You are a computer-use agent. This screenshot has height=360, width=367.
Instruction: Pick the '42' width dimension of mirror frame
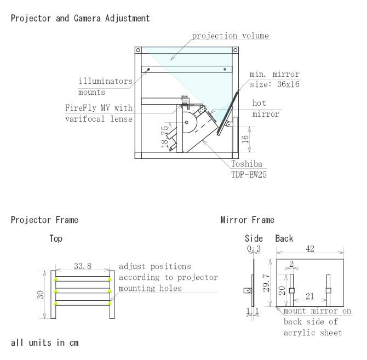(x=309, y=249)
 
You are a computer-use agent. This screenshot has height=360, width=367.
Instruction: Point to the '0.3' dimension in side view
(x=252, y=249)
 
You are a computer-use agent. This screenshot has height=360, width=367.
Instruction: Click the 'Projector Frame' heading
(x=44, y=220)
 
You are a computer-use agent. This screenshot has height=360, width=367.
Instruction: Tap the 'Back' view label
(x=283, y=239)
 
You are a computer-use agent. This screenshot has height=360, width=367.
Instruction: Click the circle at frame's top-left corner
(x=138, y=50)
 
